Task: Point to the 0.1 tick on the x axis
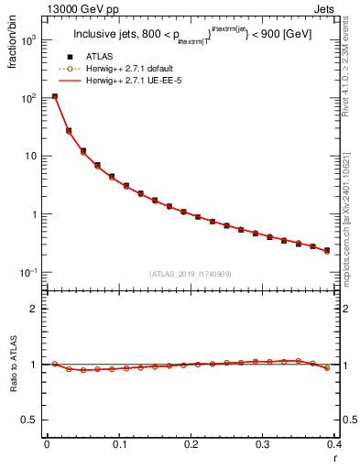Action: (119, 445)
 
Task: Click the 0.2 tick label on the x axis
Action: (191, 445)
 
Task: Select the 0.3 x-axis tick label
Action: (263, 445)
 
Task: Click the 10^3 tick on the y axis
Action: (30, 39)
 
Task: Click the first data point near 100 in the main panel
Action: (55, 96)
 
